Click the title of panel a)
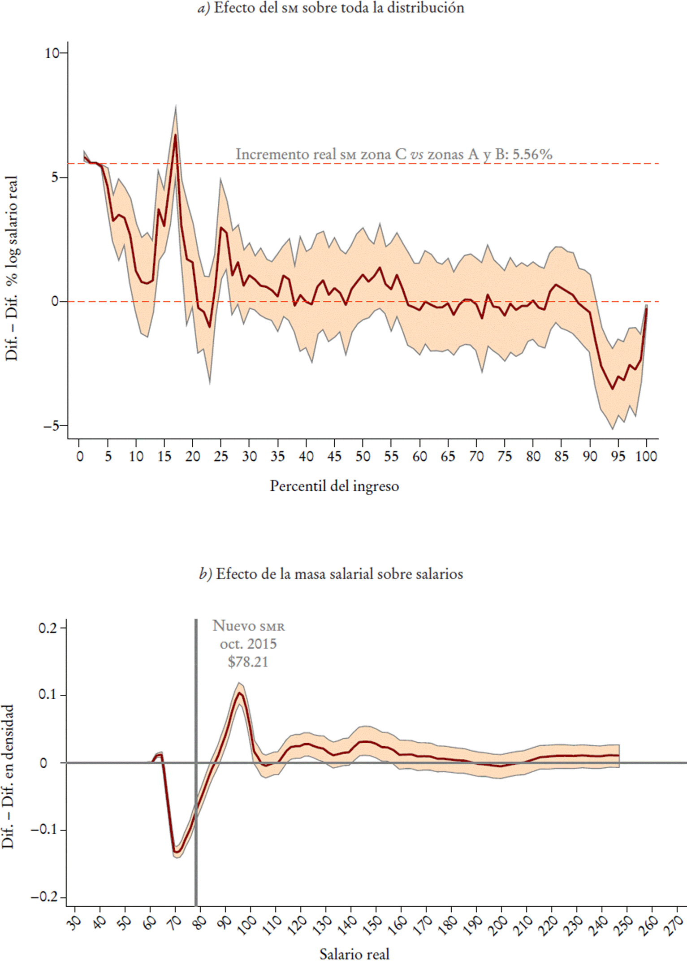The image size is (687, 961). tap(331, 8)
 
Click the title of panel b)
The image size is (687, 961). tap(331, 574)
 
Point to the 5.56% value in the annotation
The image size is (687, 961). tap(532, 154)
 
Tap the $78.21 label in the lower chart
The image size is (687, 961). tap(248, 662)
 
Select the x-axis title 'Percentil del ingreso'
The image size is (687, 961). tap(334, 486)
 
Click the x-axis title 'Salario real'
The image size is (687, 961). tap(354, 954)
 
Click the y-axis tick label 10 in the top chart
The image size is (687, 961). tap(52, 53)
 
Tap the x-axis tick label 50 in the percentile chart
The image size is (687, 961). tap(363, 457)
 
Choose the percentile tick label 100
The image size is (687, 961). tap(646, 457)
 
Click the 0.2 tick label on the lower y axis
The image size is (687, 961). tap(48, 628)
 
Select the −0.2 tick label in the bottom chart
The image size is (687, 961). tap(44, 897)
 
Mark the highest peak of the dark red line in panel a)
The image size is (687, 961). tap(175, 134)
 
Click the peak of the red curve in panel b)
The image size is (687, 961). tap(240, 693)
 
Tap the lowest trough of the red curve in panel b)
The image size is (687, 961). tap(177, 853)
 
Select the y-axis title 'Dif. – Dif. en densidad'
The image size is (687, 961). tap(8, 776)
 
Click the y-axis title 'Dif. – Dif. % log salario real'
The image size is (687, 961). tap(11, 268)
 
